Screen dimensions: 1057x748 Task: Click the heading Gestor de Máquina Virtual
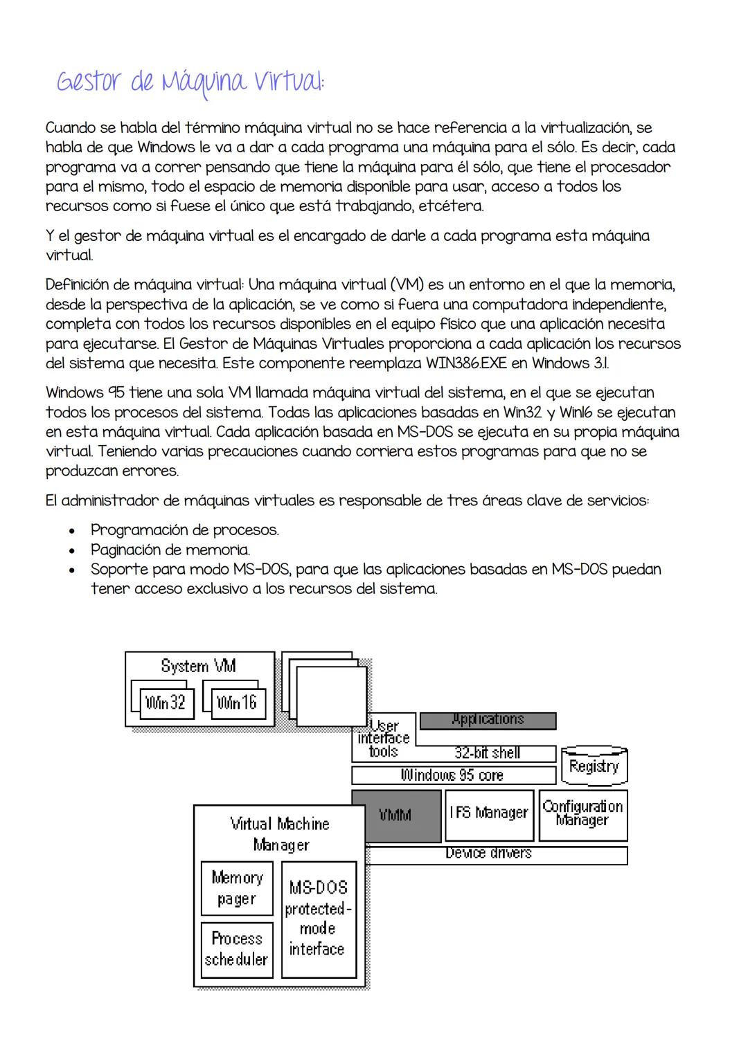190,83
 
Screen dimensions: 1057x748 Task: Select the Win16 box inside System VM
237,703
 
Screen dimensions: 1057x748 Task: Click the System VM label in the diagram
198,666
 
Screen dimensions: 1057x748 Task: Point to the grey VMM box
395,815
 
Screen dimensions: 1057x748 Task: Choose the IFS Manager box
489,813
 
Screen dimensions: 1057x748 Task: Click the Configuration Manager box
582,814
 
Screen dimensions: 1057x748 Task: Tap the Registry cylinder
594,766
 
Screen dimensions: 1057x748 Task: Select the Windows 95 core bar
453,775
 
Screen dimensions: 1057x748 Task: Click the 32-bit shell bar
487,753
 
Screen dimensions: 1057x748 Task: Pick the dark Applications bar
488,721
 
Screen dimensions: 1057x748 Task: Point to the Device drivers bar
488,854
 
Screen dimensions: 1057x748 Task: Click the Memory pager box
237,888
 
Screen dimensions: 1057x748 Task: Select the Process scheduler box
237,949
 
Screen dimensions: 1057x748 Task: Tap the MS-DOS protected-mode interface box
318,918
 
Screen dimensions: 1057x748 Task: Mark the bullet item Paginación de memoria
170,550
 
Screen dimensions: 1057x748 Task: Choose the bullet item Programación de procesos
185,530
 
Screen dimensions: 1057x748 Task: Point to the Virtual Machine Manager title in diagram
280,834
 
